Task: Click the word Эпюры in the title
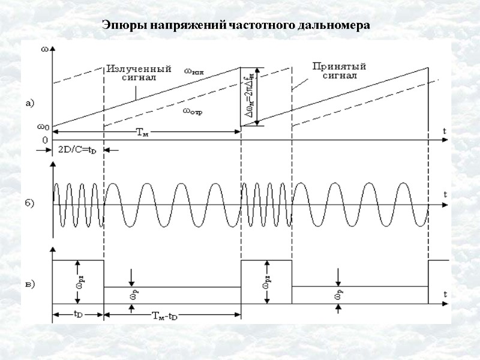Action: click(119, 26)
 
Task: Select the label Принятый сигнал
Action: click(341, 71)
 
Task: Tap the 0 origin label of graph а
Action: click(44, 140)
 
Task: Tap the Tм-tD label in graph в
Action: click(164, 316)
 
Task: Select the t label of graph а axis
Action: click(445, 131)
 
